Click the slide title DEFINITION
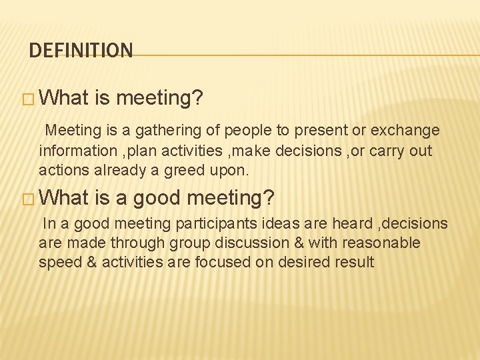click(x=81, y=51)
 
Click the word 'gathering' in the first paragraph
click(x=167, y=130)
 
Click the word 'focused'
click(x=219, y=262)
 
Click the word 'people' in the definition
click(x=247, y=130)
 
